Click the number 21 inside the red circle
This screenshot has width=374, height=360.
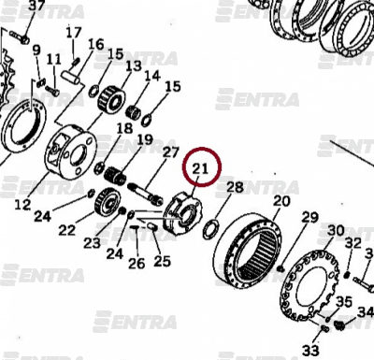[200, 168]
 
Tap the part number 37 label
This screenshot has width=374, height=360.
[36, 6]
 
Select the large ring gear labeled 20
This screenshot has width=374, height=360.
[249, 249]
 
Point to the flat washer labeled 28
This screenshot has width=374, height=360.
[210, 229]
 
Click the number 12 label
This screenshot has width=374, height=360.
[22, 205]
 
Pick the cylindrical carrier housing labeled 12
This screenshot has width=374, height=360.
[70, 151]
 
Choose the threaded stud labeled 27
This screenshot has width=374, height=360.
[145, 194]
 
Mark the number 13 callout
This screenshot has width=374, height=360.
[134, 66]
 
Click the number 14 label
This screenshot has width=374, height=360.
[152, 76]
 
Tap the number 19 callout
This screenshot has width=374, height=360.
[145, 140]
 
